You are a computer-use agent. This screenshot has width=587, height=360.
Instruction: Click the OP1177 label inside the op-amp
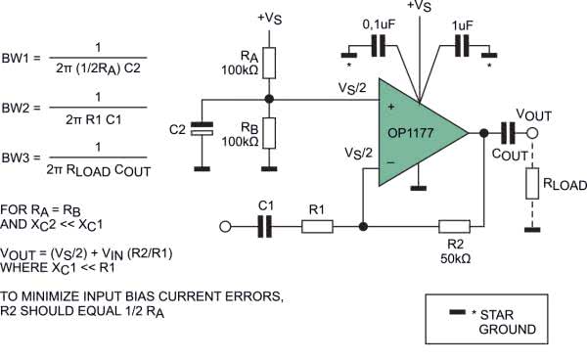pos(410,133)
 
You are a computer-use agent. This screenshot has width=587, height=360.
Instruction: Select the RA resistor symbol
pos(269,63)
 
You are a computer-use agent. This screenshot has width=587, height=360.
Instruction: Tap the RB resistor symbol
pos(269,133)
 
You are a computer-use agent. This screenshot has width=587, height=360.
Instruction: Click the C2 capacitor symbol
pos(202,128)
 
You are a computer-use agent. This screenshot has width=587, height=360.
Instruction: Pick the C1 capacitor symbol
pos(265,226)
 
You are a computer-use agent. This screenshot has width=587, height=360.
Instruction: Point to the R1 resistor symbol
pos(317,226)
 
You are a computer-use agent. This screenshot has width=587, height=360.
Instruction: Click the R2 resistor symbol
pos(455,226)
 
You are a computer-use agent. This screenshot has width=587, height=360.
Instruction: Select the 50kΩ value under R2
pos(455,258)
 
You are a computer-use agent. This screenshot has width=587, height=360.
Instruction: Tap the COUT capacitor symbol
pos(508,133)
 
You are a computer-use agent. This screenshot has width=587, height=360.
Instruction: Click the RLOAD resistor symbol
pos(532,183)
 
